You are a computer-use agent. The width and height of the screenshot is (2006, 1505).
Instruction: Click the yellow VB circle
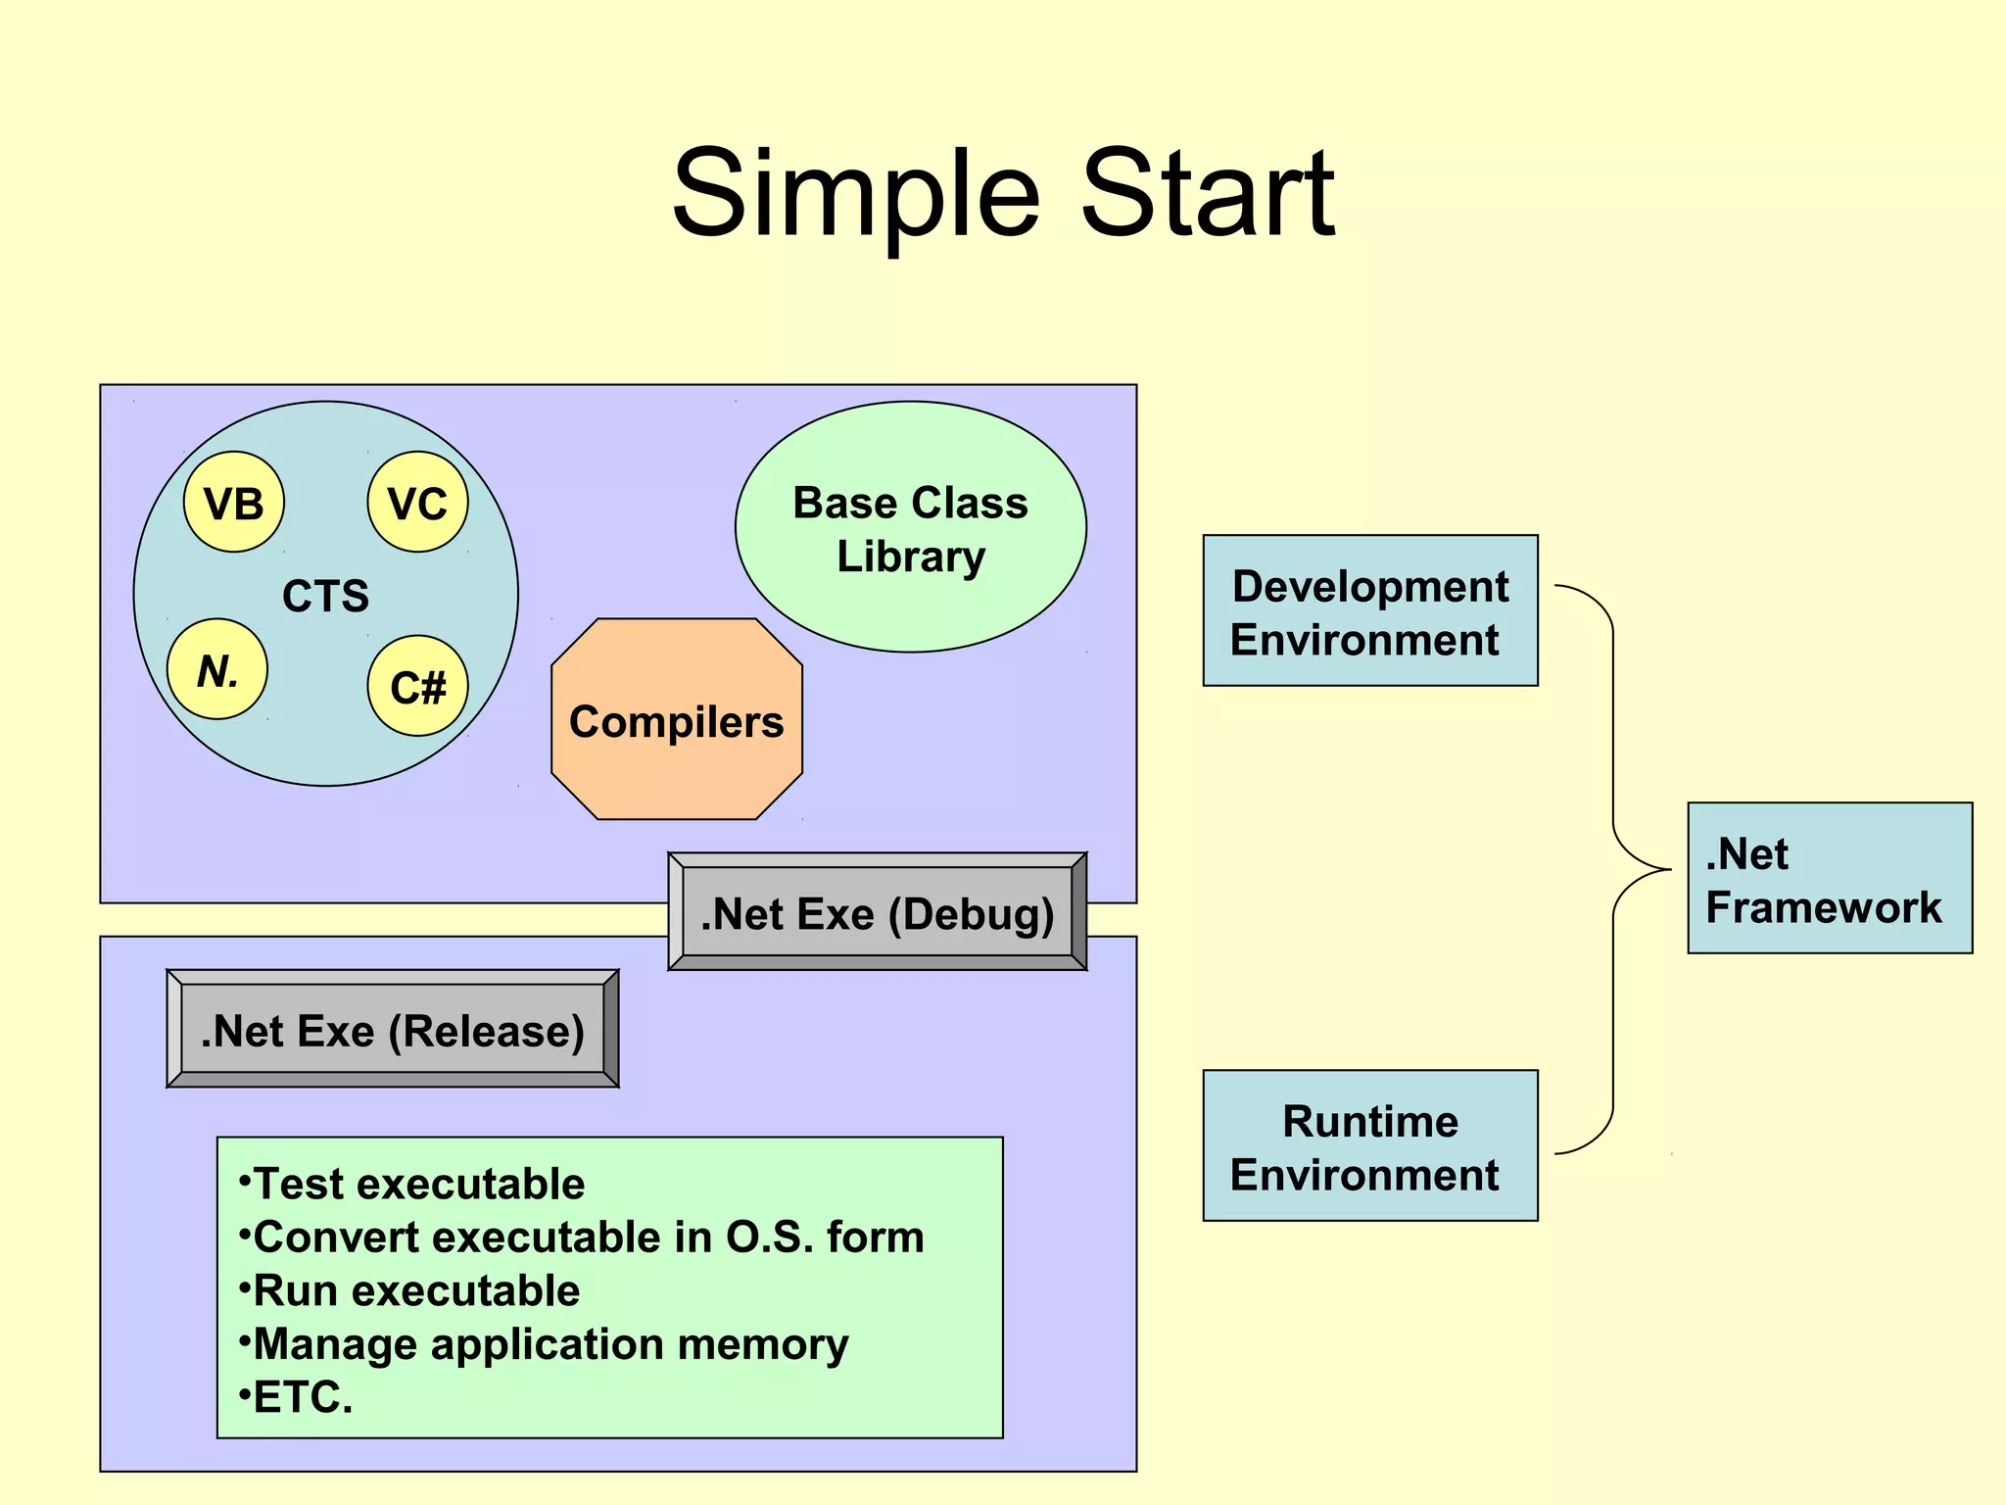point(234,502)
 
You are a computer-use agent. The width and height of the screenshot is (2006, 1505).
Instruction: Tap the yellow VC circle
point(418,502)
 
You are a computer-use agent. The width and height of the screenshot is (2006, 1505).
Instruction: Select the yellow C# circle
point(418,686)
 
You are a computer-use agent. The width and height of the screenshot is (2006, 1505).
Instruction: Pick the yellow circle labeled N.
point(217,669)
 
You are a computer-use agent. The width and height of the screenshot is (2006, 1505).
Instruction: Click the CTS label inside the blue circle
point(325,596)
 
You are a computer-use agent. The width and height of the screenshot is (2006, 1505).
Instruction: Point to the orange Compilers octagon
point(677,720)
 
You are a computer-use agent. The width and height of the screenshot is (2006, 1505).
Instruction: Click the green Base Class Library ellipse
point(910,528)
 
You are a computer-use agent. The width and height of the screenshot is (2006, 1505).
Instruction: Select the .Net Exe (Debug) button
point(878,912)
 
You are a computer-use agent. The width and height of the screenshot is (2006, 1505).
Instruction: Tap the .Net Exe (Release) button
point(393,1030)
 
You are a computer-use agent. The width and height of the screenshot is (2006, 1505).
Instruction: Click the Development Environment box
point(1370,610)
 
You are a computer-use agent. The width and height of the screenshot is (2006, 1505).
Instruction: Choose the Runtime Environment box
point(1370,1145)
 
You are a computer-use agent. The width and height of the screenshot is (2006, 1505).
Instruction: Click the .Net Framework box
point(1829,878)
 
